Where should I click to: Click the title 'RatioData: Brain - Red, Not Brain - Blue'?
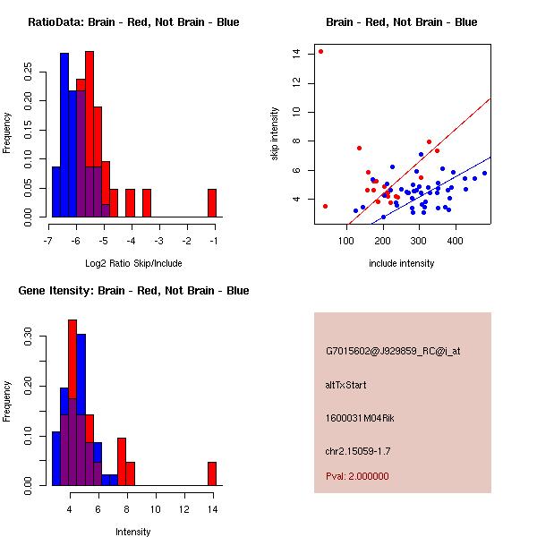(x=133, y=22)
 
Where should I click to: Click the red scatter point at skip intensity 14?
(x=320, y=51)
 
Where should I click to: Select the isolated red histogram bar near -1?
(x=212, y=203)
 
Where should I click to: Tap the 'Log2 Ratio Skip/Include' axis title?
(x=132, y=263)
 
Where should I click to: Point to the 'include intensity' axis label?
(x=401, y=263)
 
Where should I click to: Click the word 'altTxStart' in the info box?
(x=345, y=385)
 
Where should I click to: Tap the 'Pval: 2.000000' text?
(x=357, y=476)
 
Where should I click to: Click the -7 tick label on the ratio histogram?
(x=48, y=241)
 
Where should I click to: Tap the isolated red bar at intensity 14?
(x=212, y=473)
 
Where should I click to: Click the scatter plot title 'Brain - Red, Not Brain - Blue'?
(x=401, y=22)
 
